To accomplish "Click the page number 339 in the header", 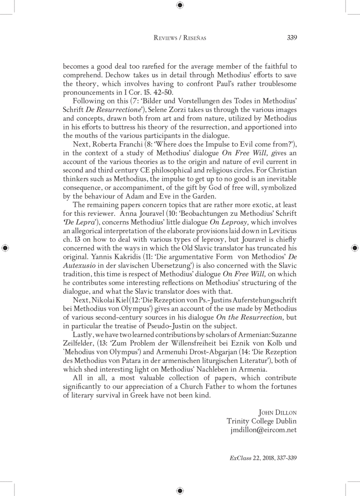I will pyautogui.click(x=291, y=37).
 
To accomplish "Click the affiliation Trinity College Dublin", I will pyautogui.click(x=262, y=422).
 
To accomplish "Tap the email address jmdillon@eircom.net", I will pyautogui.click(x=263, y=430).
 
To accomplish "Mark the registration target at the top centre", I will pyautogui.click(x=180, y=5).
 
